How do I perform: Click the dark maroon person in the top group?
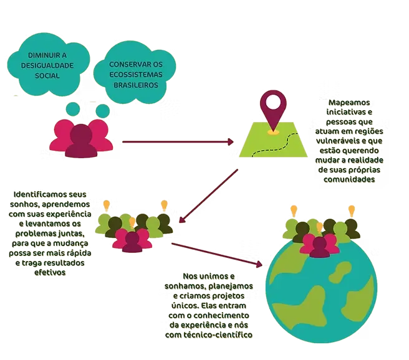point(81,143)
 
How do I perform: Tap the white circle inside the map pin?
point(274,102)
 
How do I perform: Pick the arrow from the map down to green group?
point(208,194)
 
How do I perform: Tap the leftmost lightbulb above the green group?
point(106,204)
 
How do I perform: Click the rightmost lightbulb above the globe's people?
point(352,210)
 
